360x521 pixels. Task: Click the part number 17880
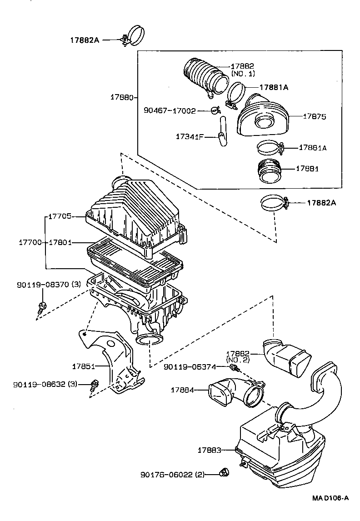[x=121, y=97]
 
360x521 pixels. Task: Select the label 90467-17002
[x=170, y=110]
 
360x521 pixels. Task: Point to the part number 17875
[x=315, y=117]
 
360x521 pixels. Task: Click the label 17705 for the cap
[x=60, y=217]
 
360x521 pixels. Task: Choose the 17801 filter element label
[x=60, y=243]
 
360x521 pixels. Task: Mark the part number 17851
[x=83, y=366]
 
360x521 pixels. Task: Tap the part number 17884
[x=182, y=390]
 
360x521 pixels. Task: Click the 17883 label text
[x=209, y=450]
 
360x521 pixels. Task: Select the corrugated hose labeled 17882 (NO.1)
[x=205, y=78]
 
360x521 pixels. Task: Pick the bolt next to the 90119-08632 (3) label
[x=95, y=385]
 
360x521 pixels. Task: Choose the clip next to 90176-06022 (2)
[x=224, y=473]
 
